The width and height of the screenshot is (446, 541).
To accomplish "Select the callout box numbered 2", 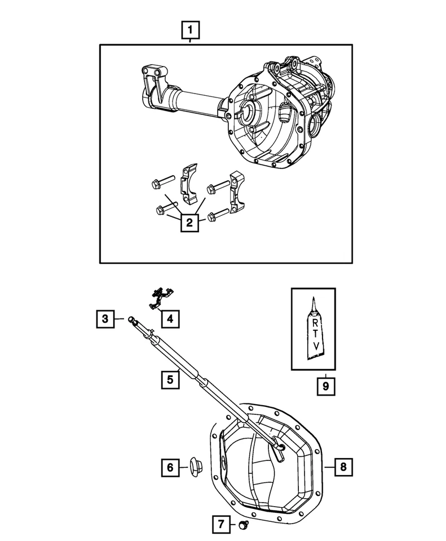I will [190, 223].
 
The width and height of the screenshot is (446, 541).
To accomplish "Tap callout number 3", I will [105, 320].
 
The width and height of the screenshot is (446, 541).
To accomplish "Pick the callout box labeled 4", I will [170, 320].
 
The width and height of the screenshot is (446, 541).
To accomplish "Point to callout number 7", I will [222, 525].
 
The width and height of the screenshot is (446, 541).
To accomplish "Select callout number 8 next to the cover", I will [344, 467].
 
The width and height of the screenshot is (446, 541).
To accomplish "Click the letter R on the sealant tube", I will [313, 322].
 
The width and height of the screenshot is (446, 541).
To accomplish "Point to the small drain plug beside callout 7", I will [244, 525].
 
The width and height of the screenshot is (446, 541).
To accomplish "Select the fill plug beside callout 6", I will [195, 467].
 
